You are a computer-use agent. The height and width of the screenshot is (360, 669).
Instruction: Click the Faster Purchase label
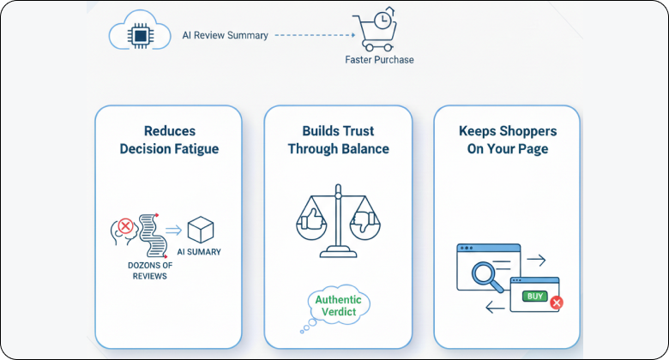[x=378, y=60]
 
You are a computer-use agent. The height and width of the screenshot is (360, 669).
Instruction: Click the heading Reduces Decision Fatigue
[x=169, y=141]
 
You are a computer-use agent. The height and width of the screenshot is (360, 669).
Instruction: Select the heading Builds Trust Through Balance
[x=338, y=141]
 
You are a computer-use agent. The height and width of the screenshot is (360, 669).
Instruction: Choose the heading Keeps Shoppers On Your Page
[x=507, y=141]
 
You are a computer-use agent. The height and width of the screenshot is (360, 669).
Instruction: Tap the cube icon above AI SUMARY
[x=201, y=230]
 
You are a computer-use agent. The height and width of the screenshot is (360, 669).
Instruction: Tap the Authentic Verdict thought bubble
[x=338, y=307]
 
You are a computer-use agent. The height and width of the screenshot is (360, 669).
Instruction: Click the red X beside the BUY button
[x=557, y=303]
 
